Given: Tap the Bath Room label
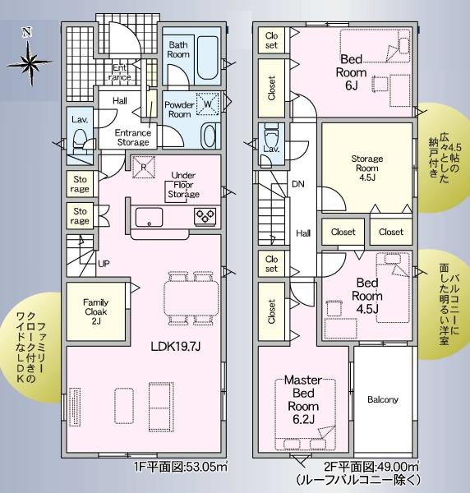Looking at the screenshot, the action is [178, 49].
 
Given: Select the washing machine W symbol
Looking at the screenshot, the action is [208, 104].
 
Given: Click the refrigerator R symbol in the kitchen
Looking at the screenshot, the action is [143, 167].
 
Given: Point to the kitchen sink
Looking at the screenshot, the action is [149, 217].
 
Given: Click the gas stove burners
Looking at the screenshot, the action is [205, 215].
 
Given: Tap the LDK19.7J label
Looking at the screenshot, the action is [175, 347].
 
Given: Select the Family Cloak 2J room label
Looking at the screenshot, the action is [96, 311].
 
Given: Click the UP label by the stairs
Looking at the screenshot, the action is [104, 264].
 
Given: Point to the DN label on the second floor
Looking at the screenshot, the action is [298, 184].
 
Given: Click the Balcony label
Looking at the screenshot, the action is [383, 399].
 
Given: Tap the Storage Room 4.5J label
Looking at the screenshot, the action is [367, 168].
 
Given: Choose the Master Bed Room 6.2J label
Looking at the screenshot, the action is [303, 399].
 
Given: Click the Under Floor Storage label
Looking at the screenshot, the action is [183, 185].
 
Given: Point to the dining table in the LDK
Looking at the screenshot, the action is [191, 297].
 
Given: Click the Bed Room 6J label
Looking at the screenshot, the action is [351, 72].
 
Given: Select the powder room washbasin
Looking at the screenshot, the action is [209, 136].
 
